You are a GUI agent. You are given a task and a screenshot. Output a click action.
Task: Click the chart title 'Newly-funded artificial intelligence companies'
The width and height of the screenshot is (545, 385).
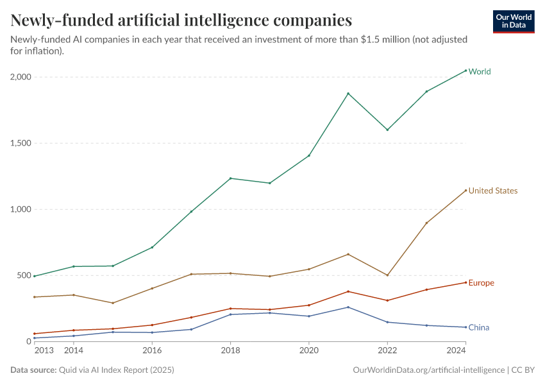pyautogui.click(x=181, y=21)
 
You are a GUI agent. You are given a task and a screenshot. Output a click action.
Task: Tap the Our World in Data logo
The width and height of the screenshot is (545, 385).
pyautogui.click(x=513, y=21)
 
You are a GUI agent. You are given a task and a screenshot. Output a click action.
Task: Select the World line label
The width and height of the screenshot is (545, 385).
pyautogui.click(x=480, y=72)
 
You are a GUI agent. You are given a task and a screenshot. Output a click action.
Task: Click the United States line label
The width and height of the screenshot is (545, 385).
pyautogui.click(x=492, y=191)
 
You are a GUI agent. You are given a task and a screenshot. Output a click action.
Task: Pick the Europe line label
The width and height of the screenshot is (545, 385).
pyautogui.click(x=481, y=283)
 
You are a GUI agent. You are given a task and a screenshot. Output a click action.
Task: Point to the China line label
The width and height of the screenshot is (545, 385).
pyautogui.click(x=478, y=328)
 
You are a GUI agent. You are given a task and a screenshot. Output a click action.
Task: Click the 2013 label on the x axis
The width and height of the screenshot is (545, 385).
pyautogui.click(x=44, y=351)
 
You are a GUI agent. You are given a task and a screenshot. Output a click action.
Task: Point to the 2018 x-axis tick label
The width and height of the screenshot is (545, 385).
pyautogui.click(x=231, y=351)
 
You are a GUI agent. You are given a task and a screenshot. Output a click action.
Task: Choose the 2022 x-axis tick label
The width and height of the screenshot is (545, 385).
pyautogui.click(x=387, y=351)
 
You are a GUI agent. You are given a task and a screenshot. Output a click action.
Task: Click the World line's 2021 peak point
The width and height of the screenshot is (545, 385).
pyautogui.click(x=348, y=94)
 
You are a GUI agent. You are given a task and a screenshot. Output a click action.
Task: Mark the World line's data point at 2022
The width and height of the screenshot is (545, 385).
pyautogui.click(x=387, y=130)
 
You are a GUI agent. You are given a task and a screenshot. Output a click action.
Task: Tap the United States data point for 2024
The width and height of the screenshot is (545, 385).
pyautogui.click(x=465, y=191)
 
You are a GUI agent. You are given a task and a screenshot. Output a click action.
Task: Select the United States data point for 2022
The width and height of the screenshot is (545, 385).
pyautogui.click(x=387, y=275)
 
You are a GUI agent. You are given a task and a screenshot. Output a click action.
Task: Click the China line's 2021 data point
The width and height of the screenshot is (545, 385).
pyautogui.click(x=348, y=307)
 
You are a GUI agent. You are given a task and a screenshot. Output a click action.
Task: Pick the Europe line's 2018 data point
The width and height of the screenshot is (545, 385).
pyautogui.click(x=231, y=309)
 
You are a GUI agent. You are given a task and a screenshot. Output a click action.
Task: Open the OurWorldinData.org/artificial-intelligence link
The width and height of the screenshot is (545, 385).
pyautogui.click(x=428, y=370)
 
